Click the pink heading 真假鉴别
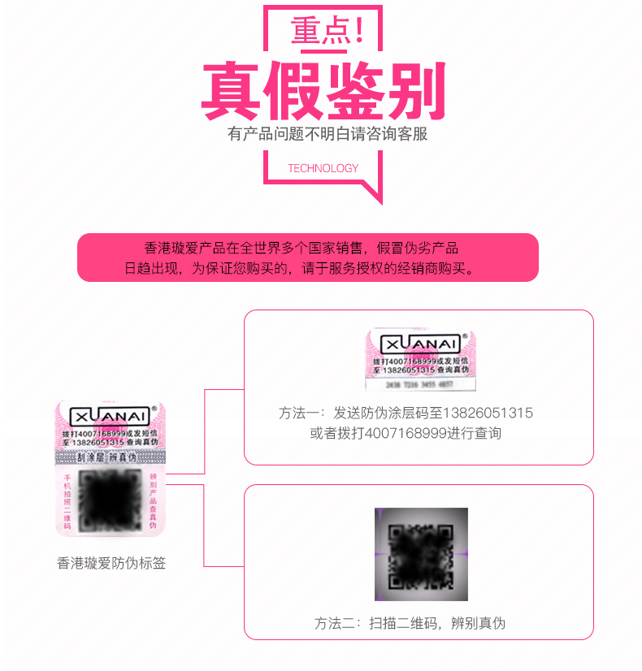(323, 91)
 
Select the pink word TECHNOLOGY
(323, 168)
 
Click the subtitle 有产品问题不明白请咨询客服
(327, 134)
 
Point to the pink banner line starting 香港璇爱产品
(301, 248)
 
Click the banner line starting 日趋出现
(300, 268)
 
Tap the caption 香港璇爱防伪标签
(111, 562)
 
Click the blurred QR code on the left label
(111, 497)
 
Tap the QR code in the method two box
(421, 555)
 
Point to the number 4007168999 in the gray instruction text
(406, 433)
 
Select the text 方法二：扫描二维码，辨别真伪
(410, 623)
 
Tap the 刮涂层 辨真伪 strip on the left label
(111, 457)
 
